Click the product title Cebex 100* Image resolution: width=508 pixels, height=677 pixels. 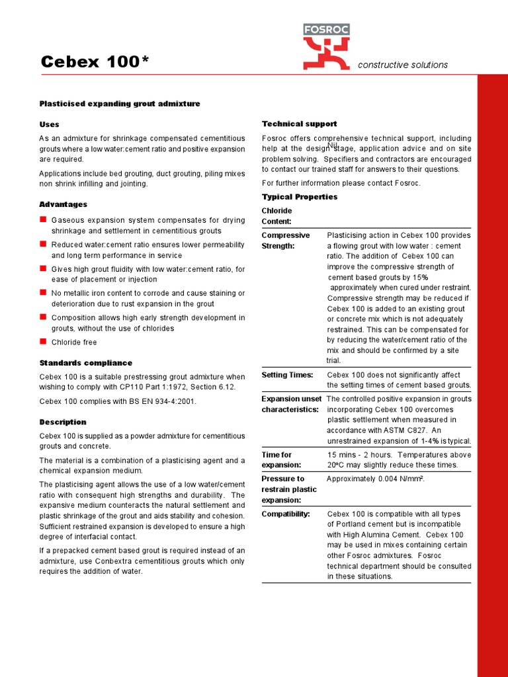pos(95,62)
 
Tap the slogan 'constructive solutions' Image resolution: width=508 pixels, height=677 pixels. pos(402,65)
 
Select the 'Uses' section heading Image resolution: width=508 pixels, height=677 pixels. pos(49,124)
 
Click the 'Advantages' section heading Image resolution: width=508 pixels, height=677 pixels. pos(63,204)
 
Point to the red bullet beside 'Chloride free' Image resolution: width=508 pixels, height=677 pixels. pos(43,341)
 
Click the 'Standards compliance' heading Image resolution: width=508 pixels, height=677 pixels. pos(85,363)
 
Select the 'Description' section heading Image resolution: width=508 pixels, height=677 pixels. pos(63,422)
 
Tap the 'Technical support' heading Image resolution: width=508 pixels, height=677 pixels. pos(299,124)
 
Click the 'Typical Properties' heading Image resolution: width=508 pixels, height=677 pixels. pos(299,197)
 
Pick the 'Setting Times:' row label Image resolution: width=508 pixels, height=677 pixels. pos(287,375)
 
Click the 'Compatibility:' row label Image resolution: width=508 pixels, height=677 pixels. pos(286,514)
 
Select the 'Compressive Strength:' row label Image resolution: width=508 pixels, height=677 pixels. pos(286,241)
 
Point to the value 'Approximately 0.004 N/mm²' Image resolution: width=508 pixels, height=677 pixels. pos(375,479)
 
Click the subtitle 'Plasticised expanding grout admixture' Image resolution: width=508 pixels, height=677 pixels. pos(120,104)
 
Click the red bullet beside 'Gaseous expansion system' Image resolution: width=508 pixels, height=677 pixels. pos(43,219)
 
